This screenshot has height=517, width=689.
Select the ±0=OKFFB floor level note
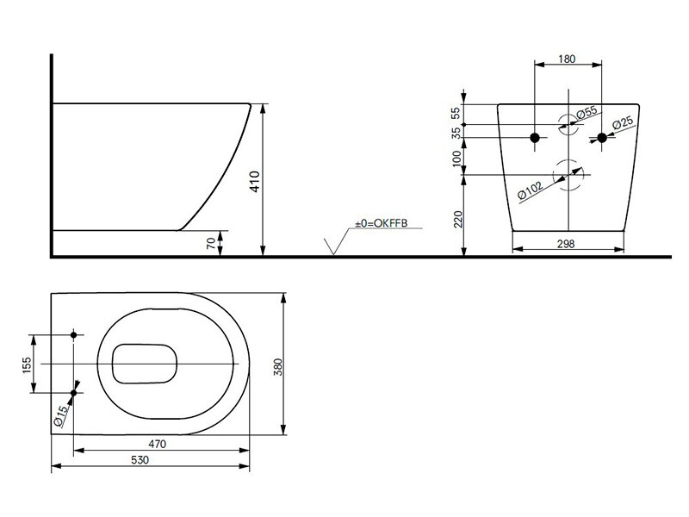[x=380, y=225]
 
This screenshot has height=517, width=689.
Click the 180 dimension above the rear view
[x=568, y=59]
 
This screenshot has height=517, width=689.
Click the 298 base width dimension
[x=566, y=244]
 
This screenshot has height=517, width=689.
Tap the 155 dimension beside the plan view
[x=28, y=364]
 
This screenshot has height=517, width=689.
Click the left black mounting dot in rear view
[x=535, y=138]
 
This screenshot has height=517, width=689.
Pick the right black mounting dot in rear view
[x=602, y=138]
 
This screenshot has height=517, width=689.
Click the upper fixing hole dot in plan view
[x=74, y=334]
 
